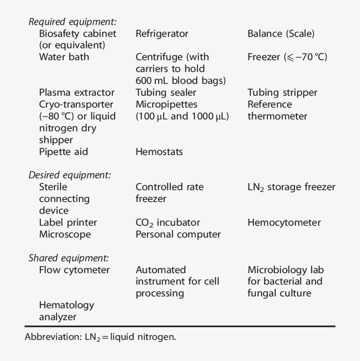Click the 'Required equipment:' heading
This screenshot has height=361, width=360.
click(72, 22)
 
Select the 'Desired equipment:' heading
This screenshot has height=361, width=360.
click(70, 175)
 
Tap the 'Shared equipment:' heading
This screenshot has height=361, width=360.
click(68, 258)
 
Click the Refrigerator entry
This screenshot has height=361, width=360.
click(162, 34)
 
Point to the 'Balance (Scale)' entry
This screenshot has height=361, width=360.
click(281, 34)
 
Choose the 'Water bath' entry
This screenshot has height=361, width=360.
click(64, 57)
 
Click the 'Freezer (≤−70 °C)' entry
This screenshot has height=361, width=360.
click(287, 57)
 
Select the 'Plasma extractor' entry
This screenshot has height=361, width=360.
click(77, 93)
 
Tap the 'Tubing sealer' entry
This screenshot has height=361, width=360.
click(166, 93)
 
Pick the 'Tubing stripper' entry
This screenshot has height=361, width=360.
click(282, 93)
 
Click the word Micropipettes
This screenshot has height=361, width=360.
click(166, 105)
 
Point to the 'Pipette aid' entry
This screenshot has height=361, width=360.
click(64, 152)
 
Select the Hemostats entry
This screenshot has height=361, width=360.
click(159, 152)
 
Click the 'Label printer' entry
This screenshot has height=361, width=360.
click(68, 223)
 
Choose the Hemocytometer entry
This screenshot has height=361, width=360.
click(284, 223)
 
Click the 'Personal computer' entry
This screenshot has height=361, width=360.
click(178, 235)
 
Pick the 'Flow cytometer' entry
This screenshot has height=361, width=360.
click(74, 270)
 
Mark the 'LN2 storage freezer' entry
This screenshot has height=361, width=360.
click(291, 187)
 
